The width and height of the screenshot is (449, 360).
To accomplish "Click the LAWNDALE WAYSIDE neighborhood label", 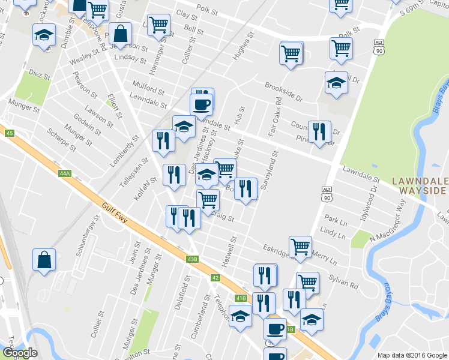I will coord(419,185).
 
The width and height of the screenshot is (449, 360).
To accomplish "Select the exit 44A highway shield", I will coord(65,173).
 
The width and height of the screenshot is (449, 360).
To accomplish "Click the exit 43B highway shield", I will coord(191,259).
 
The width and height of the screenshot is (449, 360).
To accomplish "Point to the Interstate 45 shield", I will coord(8,133).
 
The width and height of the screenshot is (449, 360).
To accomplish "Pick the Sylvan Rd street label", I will coord(343,281).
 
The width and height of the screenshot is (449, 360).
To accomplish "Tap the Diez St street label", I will coord(39,75).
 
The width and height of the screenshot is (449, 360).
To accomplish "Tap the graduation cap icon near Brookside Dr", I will coord(337,84).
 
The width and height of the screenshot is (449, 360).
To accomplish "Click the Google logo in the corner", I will coord(20,352).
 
